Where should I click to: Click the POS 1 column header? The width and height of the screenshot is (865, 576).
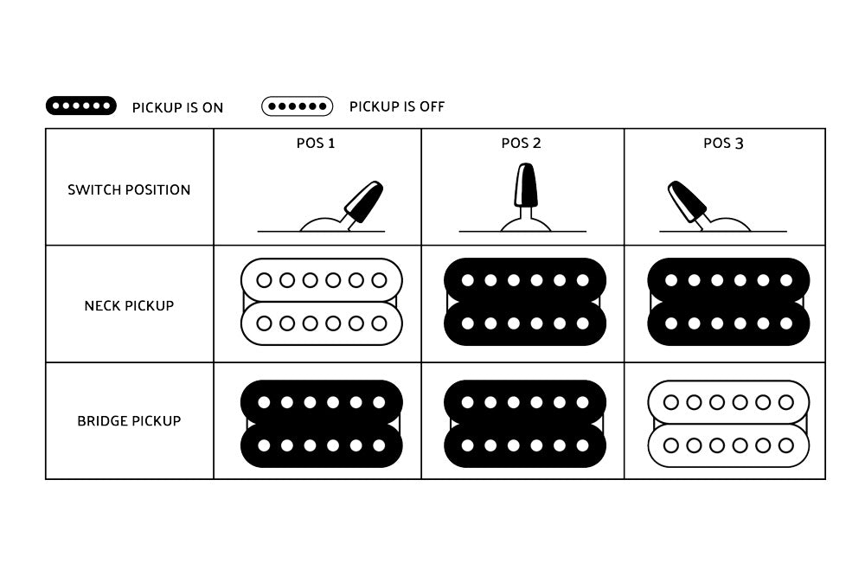[x=316, y=144]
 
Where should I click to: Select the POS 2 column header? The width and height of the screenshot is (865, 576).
[x=522, y=144]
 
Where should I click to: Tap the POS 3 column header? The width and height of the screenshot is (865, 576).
[x=723, y=144]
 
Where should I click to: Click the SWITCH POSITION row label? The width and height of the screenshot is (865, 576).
[x=129, y=189]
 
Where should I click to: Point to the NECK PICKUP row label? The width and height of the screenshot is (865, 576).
[x=129, y=305]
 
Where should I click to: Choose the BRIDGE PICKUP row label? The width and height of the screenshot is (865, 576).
[x=129, y=421]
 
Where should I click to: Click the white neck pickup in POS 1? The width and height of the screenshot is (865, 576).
[x=322, y=302]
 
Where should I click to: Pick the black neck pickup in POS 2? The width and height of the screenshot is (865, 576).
[x=525, y=302]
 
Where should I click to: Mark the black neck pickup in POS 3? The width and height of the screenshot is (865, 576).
[x=728, y=302]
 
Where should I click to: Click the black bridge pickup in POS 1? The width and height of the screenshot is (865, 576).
[x=322, y=424]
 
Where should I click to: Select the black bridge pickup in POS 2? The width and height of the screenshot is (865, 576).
[x=525, y=424]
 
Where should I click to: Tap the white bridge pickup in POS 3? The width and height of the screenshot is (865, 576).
[x=728, y=424]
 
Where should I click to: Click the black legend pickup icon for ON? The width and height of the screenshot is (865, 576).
[x=81, y=106]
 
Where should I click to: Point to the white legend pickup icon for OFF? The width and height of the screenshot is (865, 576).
[x=298, y=106]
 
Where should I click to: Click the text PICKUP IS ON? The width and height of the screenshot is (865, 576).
[x=177, y=107]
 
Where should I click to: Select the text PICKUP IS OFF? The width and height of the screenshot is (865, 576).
[x=397, y=106]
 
